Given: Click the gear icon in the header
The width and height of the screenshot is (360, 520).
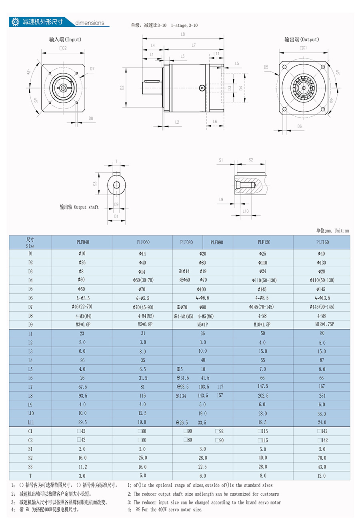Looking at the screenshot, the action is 15,22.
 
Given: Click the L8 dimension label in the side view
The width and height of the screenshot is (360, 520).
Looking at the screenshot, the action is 183,34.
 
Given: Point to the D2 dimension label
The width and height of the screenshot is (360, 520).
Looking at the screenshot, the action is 122,88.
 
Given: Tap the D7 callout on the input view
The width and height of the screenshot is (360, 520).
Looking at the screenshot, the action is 92,69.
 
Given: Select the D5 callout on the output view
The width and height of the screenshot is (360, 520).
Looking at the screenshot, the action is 266,67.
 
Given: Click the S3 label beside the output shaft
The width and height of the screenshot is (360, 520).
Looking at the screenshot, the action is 95,184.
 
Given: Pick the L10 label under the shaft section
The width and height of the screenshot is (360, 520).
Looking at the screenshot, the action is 246,211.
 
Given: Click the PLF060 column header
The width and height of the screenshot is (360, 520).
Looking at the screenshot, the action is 143,242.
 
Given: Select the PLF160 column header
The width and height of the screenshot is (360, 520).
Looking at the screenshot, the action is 322,242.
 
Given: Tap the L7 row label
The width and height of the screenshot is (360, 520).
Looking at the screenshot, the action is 30,387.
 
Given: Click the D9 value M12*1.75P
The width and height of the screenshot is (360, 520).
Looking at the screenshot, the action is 324,324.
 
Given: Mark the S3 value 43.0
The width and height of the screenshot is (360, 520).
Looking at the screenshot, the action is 322,467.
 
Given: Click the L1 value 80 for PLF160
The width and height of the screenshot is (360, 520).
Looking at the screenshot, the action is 322,333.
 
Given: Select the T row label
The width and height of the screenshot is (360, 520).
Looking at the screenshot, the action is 30,476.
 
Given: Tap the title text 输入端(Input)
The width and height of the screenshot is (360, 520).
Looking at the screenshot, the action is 65,40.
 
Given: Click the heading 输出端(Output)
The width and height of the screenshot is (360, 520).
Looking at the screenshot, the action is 302,40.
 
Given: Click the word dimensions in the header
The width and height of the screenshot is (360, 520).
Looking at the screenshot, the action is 90,23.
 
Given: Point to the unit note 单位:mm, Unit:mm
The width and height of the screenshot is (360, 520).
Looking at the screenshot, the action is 332,230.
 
